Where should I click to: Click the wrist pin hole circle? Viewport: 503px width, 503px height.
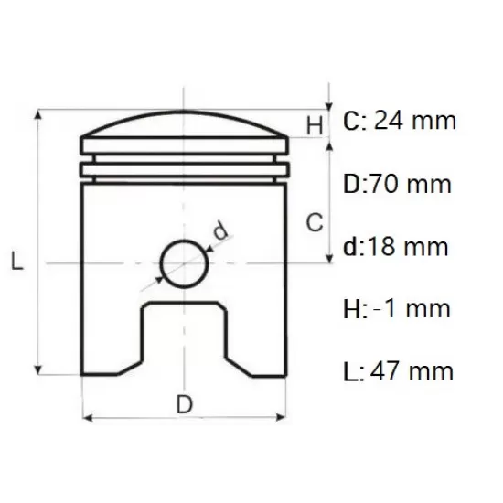[x=184, y=262]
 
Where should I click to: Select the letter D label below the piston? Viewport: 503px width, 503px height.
[x=186, y=403]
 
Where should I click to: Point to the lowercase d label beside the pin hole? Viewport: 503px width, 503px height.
[x=220, y=231]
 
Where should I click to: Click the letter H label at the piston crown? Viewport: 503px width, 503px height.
[x=314, y=125]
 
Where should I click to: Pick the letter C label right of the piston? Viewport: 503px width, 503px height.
[x=314, y=220]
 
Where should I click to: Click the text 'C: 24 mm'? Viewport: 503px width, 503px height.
[x=399, y=121]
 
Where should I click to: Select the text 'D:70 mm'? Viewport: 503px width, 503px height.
[x=397, y=184]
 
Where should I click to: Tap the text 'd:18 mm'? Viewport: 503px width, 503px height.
[x=396, y=246]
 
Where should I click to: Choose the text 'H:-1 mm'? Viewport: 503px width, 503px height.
[x=397, y=308]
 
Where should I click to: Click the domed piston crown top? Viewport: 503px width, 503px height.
[x=185, y=124]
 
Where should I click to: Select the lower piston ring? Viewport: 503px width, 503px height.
[x=185, y=169]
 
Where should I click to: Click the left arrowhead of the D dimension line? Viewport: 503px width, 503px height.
[x=88, y=420]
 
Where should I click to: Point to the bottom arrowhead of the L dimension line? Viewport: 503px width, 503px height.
[x=37, y=369]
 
